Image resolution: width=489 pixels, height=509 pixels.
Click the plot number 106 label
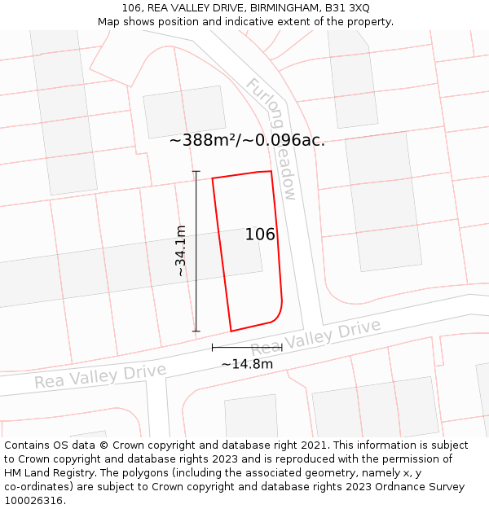pos(260,235)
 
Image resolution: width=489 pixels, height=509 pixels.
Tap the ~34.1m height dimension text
pos(181,251)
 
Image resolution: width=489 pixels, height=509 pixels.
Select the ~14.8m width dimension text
pos(247,364)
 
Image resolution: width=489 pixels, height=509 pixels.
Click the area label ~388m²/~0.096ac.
pos(247,140)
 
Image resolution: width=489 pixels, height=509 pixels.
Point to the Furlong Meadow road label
pos(272,138)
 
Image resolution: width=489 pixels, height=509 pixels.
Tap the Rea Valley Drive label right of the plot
pos(315,338)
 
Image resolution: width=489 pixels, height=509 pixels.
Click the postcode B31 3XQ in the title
pos(347,8)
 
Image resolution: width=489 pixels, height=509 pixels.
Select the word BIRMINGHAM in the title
pos(275,8)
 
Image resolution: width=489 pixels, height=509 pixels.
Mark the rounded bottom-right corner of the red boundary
pos(277,314)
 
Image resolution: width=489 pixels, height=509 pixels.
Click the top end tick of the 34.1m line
pos(196,171)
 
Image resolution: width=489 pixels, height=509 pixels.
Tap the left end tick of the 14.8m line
pos(213,347)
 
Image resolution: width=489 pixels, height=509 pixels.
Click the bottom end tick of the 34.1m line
pos(196,331)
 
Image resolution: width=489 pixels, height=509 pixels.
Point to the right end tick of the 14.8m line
pos(282,347)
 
